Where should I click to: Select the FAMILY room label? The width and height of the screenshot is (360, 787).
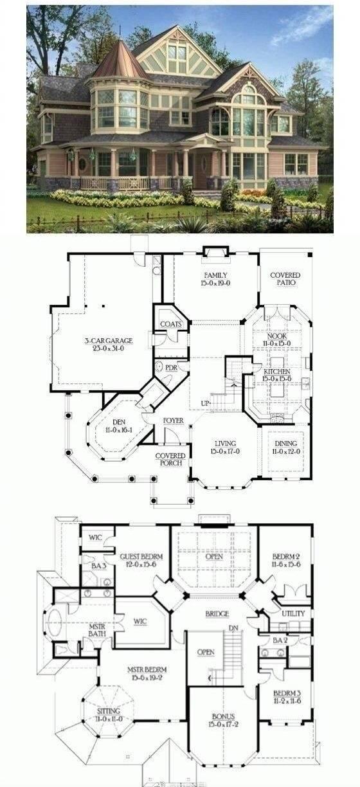click(215, 275)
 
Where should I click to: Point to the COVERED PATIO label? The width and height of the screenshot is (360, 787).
click(285, 279)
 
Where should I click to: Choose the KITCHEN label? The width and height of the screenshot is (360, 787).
click(277, 372)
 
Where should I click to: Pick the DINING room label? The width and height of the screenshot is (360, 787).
click(285, 443)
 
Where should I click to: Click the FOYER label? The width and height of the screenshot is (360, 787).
click(173, 421)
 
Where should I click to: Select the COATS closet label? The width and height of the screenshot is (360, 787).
click(170, 324)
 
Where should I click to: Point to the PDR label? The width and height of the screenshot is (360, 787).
click(171, 368)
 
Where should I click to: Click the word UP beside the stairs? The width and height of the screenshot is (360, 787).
click(205, 403)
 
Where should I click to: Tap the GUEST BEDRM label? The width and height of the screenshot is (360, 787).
click(141, 556)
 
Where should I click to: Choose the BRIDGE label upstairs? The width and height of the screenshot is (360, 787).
click(217, 614)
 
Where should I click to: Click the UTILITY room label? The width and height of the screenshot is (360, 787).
click(293, 613)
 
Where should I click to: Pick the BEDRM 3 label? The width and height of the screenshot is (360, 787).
click(287, 692)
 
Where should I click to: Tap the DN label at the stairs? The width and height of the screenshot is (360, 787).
click(234, 628)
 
